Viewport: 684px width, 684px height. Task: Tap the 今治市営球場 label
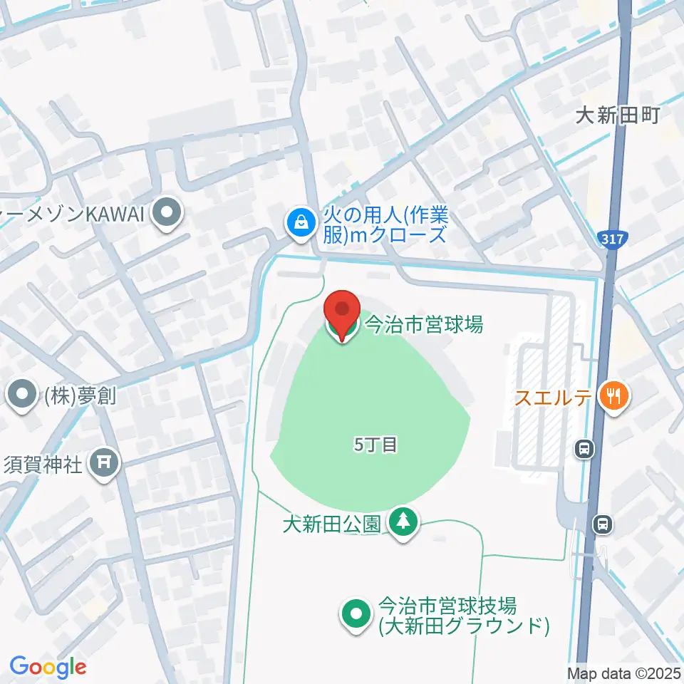click(424, 325)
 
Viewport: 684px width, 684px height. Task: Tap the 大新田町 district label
click(618, 115)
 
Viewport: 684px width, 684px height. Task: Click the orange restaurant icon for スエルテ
click(612, 395)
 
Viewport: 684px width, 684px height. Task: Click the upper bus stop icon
click(584, 449)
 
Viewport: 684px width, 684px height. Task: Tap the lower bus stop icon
click(602, 525)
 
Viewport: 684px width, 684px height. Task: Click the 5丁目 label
click(375, 445)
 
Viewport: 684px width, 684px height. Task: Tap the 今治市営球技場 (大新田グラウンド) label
click(463, 616)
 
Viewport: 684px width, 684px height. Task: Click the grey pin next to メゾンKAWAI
click(167, 213)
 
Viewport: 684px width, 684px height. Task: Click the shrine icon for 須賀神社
click(105, 463)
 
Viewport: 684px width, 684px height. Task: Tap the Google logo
click(48, 668)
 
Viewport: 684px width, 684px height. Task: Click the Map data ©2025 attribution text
click(623, 673)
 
